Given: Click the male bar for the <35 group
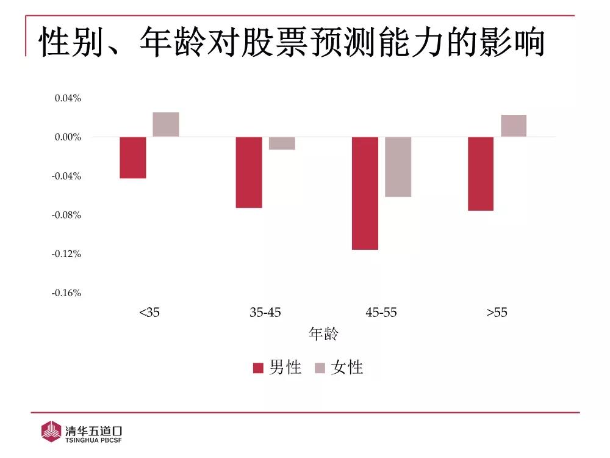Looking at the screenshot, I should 133,158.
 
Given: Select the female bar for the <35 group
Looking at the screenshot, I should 166,125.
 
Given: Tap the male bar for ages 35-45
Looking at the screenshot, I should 249,172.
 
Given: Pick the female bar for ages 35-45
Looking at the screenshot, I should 282,143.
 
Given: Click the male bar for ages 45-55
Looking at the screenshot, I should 365,193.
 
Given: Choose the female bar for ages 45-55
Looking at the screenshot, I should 398,167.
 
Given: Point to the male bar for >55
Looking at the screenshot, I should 481,173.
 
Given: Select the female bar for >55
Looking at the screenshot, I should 514,126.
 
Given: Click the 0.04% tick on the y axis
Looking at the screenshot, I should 68,98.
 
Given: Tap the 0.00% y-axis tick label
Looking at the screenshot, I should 68,137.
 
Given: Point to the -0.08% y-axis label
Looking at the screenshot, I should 66,215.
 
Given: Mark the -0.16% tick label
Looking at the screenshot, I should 66,293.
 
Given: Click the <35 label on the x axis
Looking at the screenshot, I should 149,313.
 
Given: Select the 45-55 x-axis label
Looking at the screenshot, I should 381,313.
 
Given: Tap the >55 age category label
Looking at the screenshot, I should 497,313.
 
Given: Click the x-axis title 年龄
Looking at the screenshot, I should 323,334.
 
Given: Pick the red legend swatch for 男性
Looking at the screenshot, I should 258,368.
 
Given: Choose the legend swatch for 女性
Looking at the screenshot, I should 320,368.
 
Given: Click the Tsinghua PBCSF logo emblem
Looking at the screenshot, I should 51,431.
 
